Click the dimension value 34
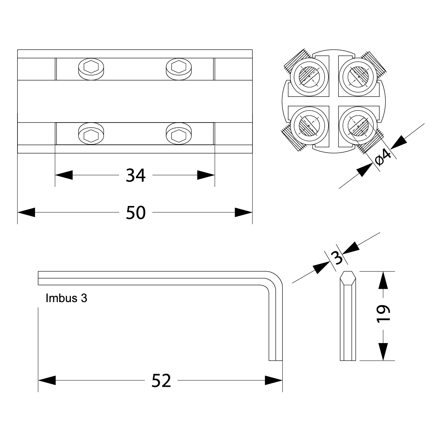pyautogui.click(x=135, y=175)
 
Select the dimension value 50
pyautogui.click(x=136, y=213)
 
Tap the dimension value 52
pyautogui.click(x=161, y=381)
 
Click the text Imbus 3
pyautogui.click(x=66, y=298)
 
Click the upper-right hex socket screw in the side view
pyautogui.click(x=178, y=67)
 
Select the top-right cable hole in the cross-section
pyautogui.click(x=358, y=76)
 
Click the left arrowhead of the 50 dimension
pyautogui.click(x=26, y=213)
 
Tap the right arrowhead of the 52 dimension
pyautogui.click(x=274, y=381)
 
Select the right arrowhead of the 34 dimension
pyautogui.click(x=206, y=175)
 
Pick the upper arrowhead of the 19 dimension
pyautogui.click(x=383, y=280)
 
